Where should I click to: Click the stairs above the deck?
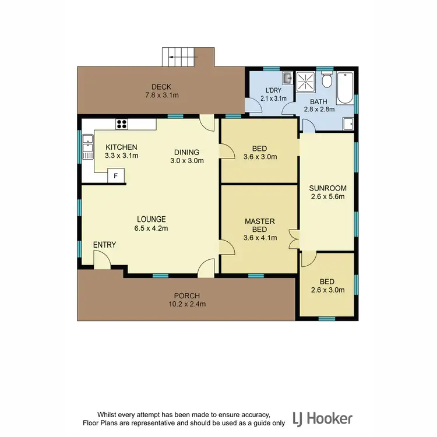[x=180, y=57]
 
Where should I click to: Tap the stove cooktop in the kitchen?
[x=122, y=123]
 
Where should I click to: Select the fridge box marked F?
[x=116, y=176]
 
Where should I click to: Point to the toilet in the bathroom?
[x=327, y=80]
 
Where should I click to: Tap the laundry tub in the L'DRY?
[x=287, y=77]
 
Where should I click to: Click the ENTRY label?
[x=104, y=245]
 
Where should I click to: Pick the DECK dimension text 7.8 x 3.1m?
[x=158, y=95]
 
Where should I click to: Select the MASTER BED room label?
[x=259, y=225]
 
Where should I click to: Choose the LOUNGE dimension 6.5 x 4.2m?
[x=151, y=228]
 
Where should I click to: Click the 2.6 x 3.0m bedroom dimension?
[x=329, y=290]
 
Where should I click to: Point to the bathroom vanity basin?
[x=347, y=123]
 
